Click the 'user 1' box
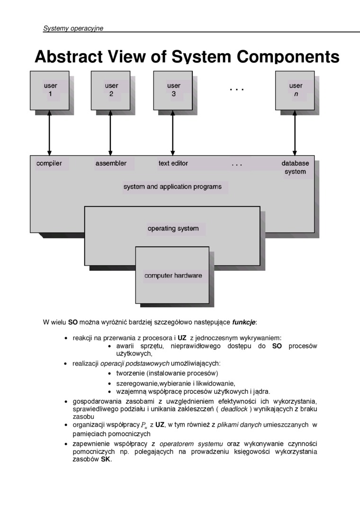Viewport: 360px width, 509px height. tap(50, 90)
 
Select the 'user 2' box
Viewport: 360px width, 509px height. tap(111, 90)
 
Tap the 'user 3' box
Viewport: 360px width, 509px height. tap(173, 90)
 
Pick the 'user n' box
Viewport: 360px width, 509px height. tap(295, 90)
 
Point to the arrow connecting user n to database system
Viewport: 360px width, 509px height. tap(295, 135)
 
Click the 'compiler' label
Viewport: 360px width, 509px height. tap(49, 163)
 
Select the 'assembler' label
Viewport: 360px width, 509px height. tap(111, 163)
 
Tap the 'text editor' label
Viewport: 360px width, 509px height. tap(173, 163)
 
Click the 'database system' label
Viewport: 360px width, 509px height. tap(295, 168)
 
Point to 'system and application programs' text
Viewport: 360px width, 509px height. tap(172, 187)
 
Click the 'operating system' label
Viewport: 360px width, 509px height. tap(173, 229)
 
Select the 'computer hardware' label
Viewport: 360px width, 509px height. tap(173, 276)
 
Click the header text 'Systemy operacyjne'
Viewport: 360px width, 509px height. tap(73, 28)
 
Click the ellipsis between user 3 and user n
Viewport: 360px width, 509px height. tap(236, 89)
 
